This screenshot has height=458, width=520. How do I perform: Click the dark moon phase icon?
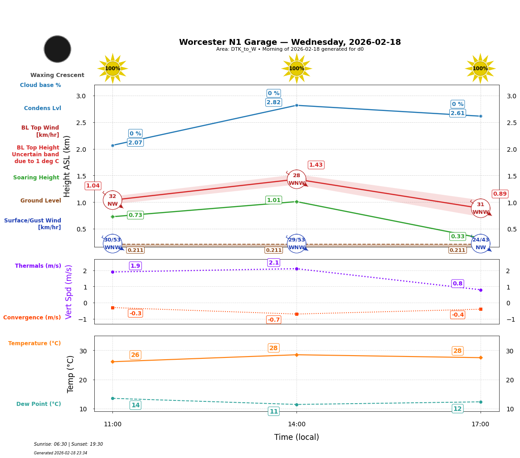tap(58, 49)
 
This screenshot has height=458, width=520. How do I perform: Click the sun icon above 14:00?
tap(296, 68)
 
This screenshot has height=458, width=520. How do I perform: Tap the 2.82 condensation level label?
tap(273, 102)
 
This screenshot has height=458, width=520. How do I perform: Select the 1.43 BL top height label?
tap(316, 165)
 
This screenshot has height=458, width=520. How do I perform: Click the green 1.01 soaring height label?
tap(273, 200)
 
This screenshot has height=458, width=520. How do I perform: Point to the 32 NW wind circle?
tap(112, 200)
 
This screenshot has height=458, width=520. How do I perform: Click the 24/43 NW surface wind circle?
tap(480, 244)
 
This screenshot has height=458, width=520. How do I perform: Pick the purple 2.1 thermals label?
tap(273, 263)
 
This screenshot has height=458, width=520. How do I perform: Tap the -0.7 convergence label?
tap(273, 320)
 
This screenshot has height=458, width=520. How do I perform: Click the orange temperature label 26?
tap(135, 355)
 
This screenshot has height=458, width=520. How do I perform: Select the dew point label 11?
tap(273, 411)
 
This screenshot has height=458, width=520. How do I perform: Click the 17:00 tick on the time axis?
tap(480, 424)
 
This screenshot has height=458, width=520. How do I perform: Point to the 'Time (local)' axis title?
tap(296, 437)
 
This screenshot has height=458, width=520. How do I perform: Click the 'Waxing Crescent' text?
tap(57, 75)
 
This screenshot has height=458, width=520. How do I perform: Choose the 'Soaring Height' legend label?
tap(36, 178)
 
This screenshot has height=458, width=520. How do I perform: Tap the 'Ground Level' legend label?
tap(40, 201)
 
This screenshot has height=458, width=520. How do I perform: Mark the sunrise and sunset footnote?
tap(68, 444)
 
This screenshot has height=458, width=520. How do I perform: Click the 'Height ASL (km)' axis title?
tap(67, 166)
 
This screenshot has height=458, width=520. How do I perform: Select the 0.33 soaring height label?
tap(457, 236)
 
